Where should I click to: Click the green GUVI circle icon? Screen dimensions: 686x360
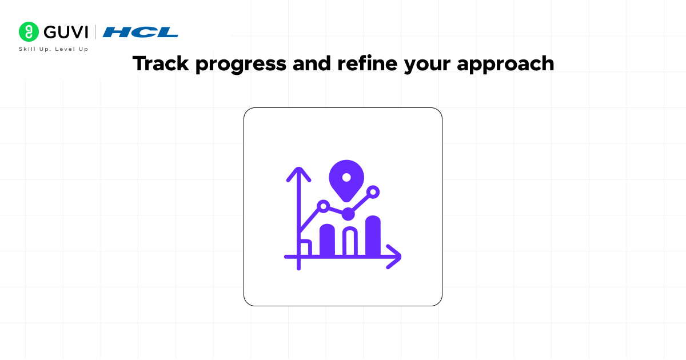pos(29,31)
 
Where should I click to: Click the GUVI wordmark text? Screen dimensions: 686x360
pos(66,32)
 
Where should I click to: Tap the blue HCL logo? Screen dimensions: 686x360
pos(140,32)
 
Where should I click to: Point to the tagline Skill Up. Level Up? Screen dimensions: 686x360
pos(54,49)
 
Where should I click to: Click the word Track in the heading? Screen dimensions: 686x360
pos(161,63)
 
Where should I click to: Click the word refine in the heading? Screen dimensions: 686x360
pos(367,63)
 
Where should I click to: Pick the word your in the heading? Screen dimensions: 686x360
pos(427,66)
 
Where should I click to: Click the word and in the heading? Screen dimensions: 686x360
pos(312,63)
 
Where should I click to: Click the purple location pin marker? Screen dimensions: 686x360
pos(346,181)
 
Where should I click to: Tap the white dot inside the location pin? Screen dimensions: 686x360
pos(346,177)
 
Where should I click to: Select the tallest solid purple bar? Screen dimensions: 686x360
pos(373,235)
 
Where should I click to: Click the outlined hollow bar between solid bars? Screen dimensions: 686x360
pos(350,241)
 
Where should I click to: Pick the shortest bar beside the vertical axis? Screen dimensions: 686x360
pos(306,247)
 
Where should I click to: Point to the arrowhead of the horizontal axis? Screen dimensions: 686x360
pos(394,257)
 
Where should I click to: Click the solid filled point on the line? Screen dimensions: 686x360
pos(348,214)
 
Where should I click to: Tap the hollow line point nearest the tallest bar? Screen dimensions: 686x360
pos(373,192)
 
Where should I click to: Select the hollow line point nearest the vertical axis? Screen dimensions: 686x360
pos(324,206)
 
